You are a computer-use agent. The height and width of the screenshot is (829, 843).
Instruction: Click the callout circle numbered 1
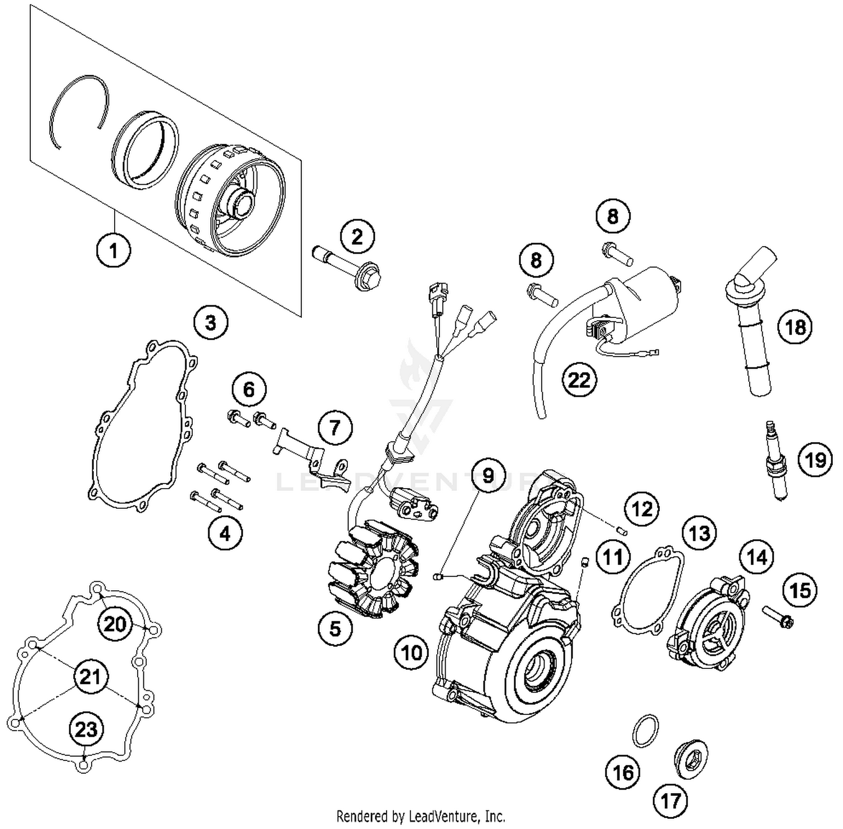114,250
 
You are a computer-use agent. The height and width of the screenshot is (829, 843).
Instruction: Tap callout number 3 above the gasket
210,322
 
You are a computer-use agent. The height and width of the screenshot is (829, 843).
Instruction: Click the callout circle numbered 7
335,428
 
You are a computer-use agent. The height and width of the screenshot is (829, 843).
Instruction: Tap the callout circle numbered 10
411,653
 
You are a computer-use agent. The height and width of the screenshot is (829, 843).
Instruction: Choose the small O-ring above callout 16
644,731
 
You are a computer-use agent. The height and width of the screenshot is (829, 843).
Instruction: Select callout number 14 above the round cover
756,557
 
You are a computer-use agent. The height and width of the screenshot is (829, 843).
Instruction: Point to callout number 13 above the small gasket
699,532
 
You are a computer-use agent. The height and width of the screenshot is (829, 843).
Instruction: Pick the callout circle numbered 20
115,623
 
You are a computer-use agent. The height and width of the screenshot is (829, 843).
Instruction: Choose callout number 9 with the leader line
488,476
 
